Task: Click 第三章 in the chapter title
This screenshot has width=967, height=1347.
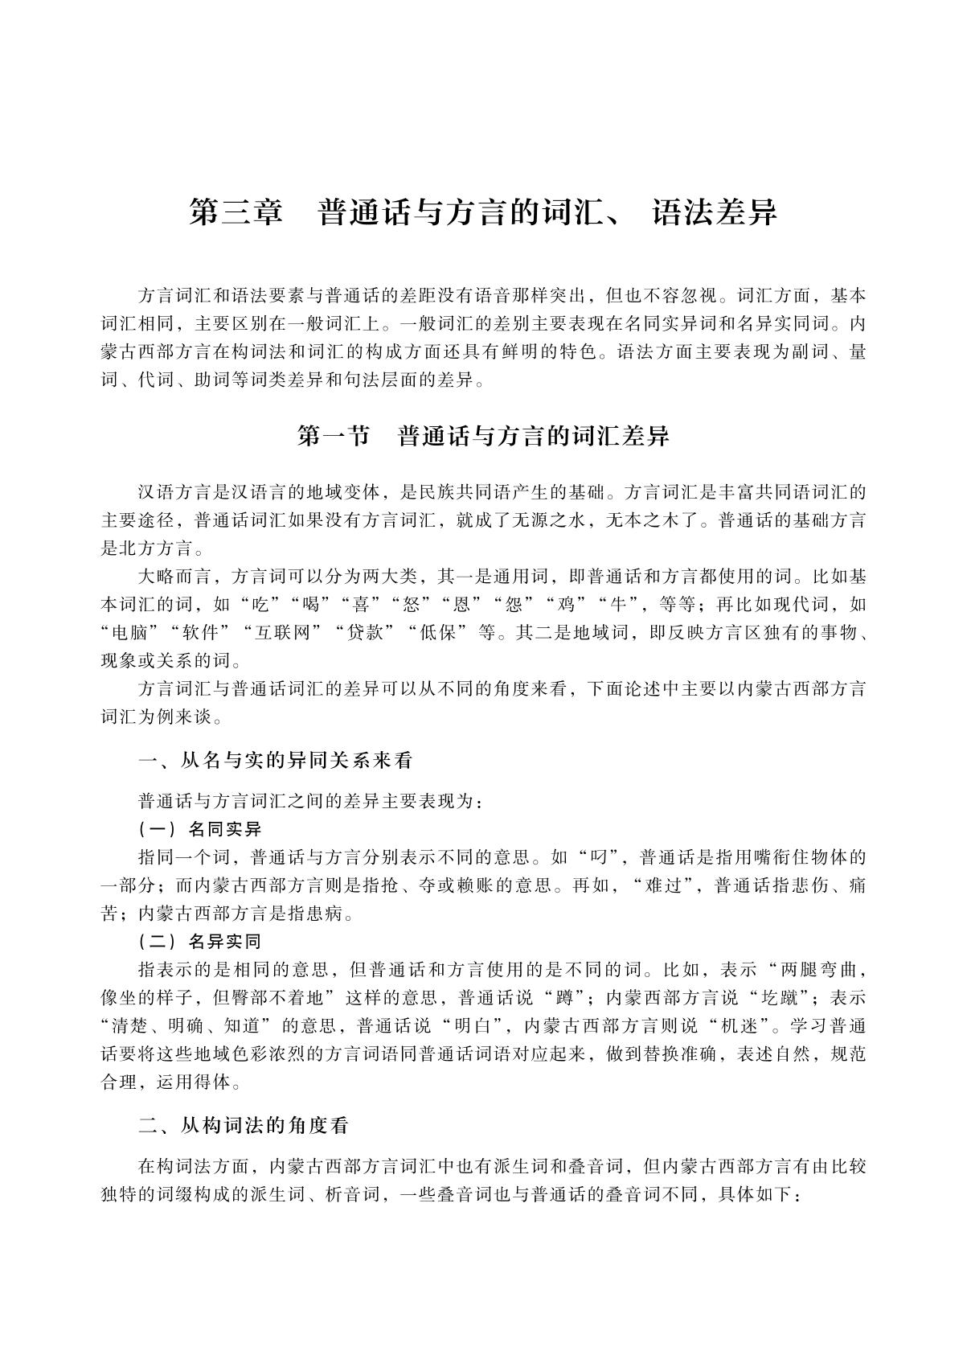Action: click(236, 212)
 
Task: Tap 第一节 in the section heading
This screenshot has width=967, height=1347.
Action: click(333, 436)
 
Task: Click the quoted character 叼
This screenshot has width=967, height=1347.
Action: click(596, 854)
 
